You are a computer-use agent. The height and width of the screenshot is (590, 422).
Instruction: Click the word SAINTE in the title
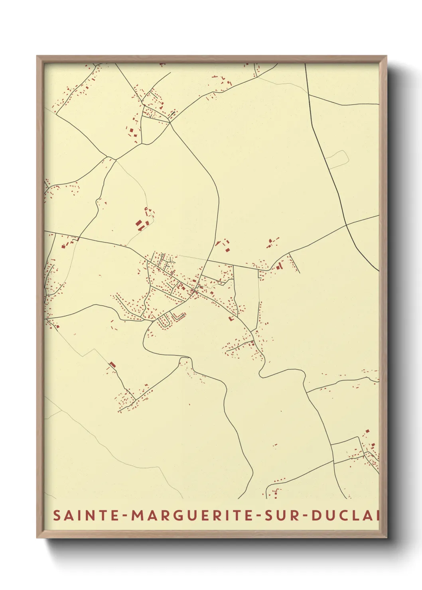tap(86, 515)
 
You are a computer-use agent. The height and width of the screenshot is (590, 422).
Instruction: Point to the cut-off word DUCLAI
tap(345, 515)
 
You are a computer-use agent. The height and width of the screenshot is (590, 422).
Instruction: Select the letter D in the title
tap(316, 515)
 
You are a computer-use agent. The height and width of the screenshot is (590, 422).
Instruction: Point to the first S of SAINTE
tap(57, 515)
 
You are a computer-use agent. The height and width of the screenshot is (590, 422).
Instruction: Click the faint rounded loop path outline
tap(337, 158)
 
